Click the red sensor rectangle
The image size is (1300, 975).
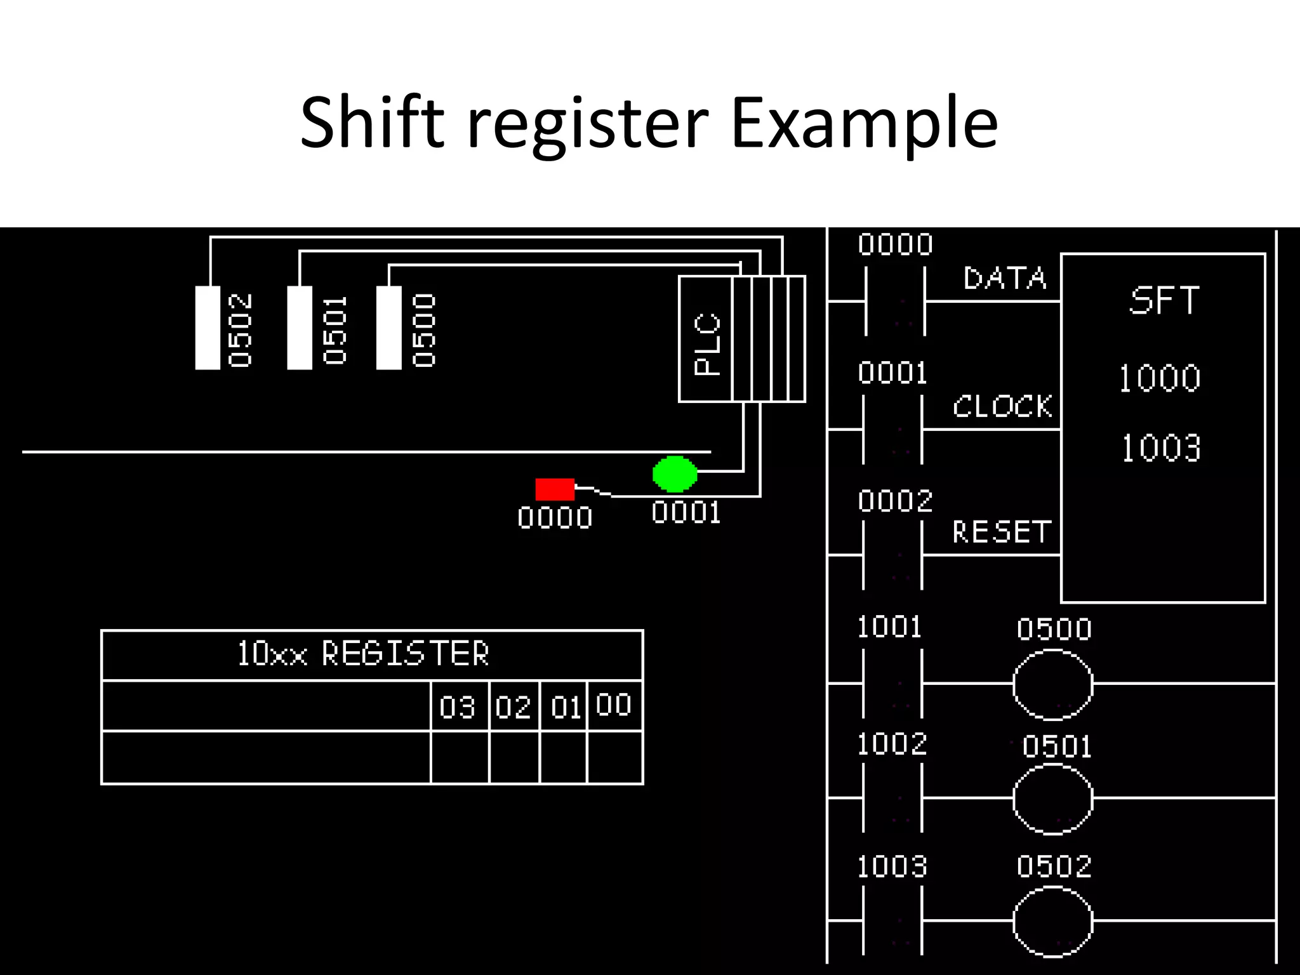point(555,489)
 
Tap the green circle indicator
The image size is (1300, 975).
point(675,474)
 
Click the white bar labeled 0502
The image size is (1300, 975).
point(208,328)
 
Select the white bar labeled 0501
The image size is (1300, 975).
point(300,328)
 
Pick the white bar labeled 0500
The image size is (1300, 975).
point(388,328)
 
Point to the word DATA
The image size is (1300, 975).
point(1004,279)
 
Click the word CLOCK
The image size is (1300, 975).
point(1002,406)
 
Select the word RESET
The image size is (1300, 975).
point(1001,532)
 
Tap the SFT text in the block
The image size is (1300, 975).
point(1164,300)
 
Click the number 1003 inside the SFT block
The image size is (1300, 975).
point(1160,448)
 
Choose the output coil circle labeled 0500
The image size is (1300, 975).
point(1052,684)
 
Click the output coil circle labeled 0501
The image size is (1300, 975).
point(1052,799)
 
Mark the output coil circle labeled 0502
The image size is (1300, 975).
point(1052,921)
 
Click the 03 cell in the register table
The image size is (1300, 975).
point(458,706)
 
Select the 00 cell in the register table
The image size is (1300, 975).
point(614,705)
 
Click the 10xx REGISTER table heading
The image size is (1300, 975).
point(362,653)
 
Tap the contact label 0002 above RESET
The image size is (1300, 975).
point(894,501)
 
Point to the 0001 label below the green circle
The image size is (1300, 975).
point(686,513)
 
